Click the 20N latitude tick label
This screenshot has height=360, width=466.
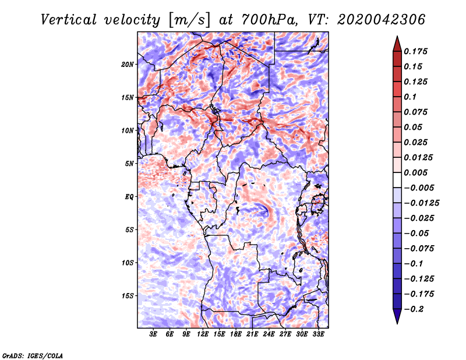(x=128, y=64)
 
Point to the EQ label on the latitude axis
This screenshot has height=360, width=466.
(x=129, y=196)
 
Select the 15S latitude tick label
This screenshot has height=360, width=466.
(x=128, y=295)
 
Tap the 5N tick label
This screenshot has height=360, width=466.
(x=129, y=163)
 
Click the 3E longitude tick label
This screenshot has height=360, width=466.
(x=154, y=334)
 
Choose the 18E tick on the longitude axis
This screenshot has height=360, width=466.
(x=235, y=334)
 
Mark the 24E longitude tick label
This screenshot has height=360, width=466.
(x=268, y=334)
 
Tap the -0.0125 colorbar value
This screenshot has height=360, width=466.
(x=422, y=203)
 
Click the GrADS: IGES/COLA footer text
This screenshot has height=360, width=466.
(x=33, y=355)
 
